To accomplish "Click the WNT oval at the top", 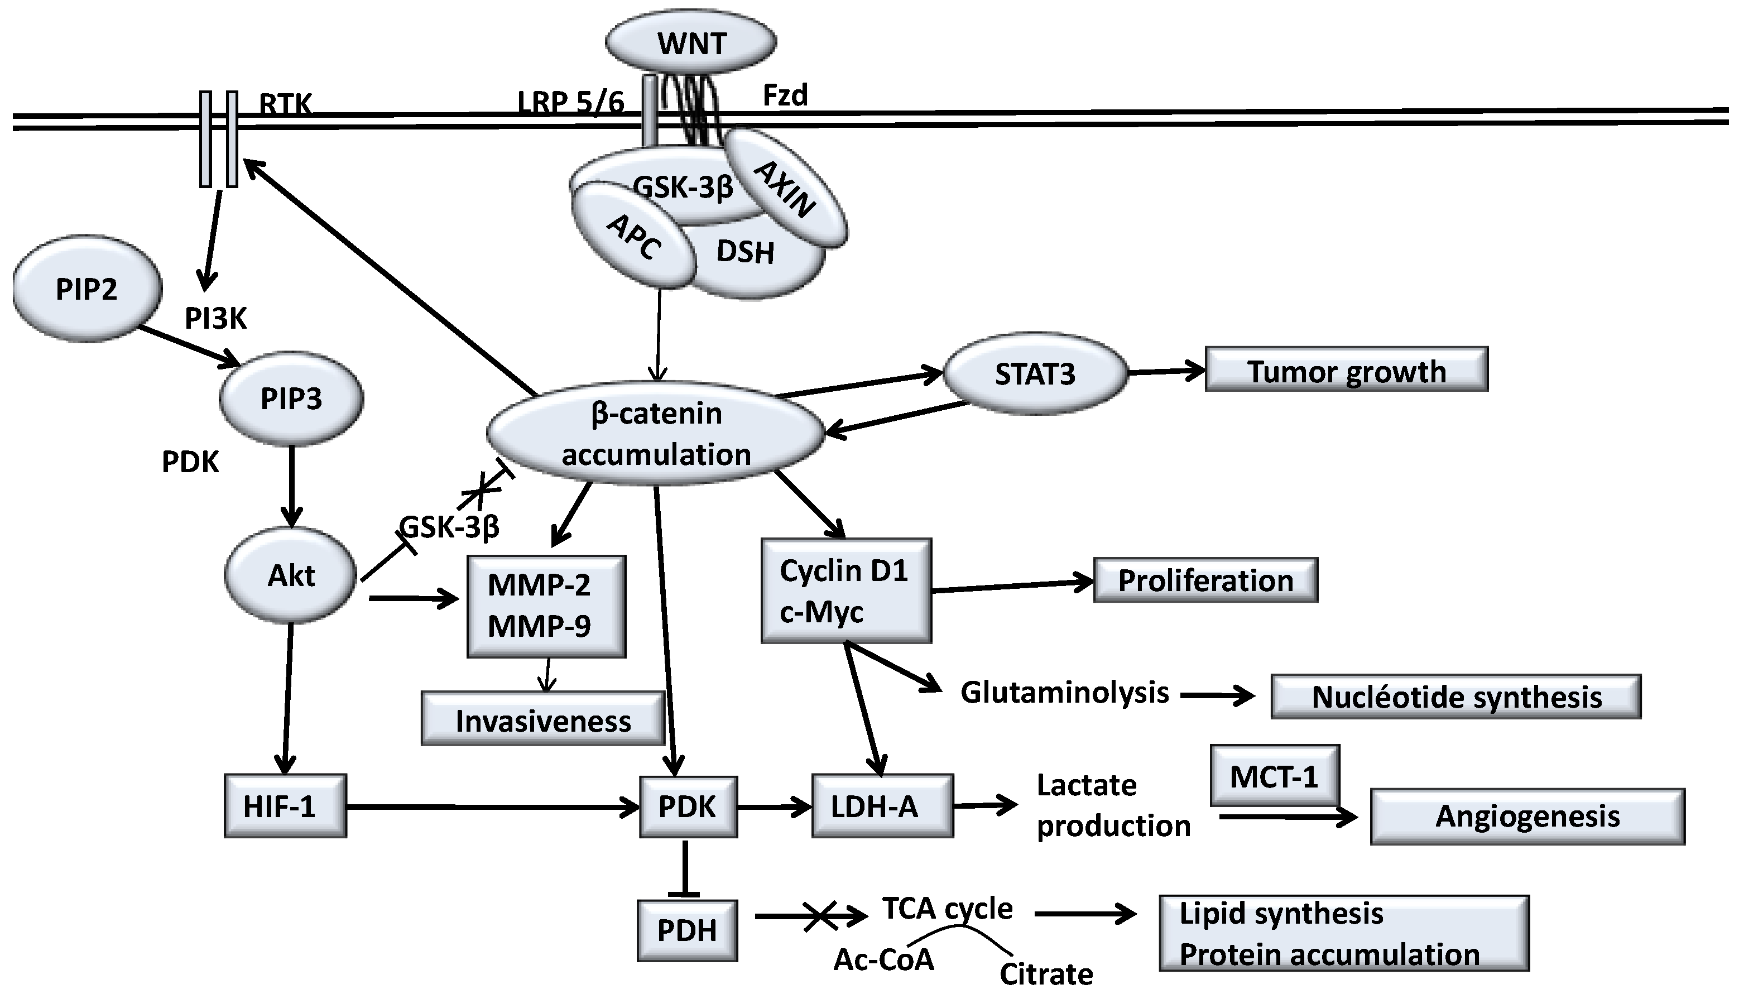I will [691, 42].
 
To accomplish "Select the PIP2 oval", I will [87, 289].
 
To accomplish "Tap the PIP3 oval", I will [291, 398].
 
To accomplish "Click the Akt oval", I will [291, 575].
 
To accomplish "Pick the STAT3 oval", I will [1035, 373].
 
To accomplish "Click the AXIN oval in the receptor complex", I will [786, 188].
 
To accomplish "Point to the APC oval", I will [633, 236].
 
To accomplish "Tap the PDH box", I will [686, 930].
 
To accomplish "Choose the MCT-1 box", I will [1274, 776].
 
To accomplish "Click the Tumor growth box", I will [1346, 371].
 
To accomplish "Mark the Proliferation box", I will [1205, 580].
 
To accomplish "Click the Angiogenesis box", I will [1527, 816].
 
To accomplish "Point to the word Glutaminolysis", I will [1065, 692].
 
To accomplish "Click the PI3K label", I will [215, 318].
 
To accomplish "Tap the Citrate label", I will [1046, 973].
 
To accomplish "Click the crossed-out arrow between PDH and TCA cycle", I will [818, 916].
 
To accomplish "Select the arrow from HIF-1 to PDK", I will [492, 808].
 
